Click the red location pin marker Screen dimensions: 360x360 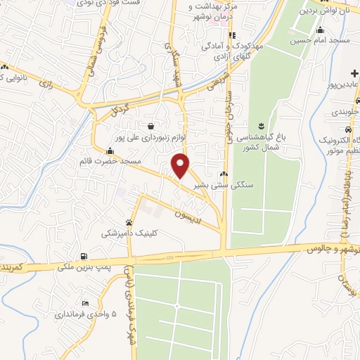point(181,166)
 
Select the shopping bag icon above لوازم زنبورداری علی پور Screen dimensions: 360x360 point(151,127)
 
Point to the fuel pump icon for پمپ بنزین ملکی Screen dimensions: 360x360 point(85,256)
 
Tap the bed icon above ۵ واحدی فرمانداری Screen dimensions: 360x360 point(85,303)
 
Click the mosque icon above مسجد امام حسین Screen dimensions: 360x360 point(320,30)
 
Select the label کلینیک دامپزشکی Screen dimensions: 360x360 point(131,233)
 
